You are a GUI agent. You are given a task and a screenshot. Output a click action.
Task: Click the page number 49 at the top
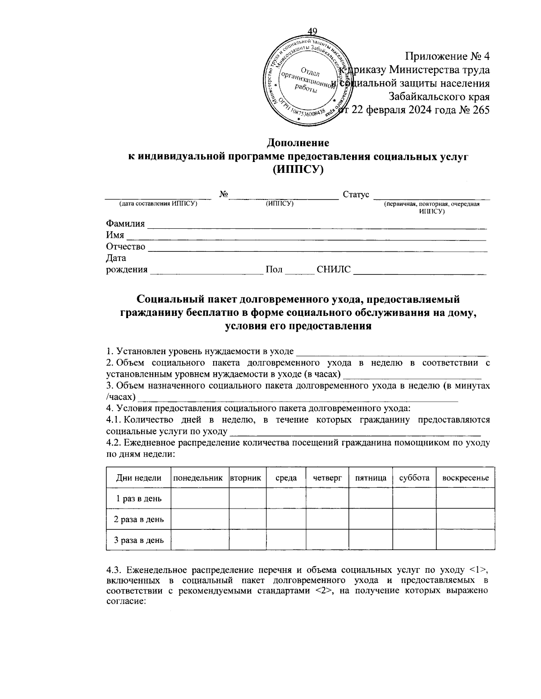pos(312,31)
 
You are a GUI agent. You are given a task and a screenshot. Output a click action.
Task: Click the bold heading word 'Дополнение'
pos(298,143)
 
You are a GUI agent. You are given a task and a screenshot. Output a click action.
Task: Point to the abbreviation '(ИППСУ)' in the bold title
pos(298,170)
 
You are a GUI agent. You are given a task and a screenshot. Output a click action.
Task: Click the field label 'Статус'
pos(356,194)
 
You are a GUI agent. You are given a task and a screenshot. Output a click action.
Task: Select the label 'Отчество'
pos(125,246)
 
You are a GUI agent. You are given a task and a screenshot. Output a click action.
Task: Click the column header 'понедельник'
pos(198,478)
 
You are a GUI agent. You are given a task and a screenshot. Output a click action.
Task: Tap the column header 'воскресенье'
pos(465,478)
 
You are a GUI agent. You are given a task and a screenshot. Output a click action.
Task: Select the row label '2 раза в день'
pos(138,519)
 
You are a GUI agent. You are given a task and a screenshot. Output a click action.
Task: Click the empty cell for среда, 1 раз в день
pos(286,498)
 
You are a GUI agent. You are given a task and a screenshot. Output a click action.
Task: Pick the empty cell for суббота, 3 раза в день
pos(414,540)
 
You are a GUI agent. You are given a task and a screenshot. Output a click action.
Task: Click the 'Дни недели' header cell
pos(138,478)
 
